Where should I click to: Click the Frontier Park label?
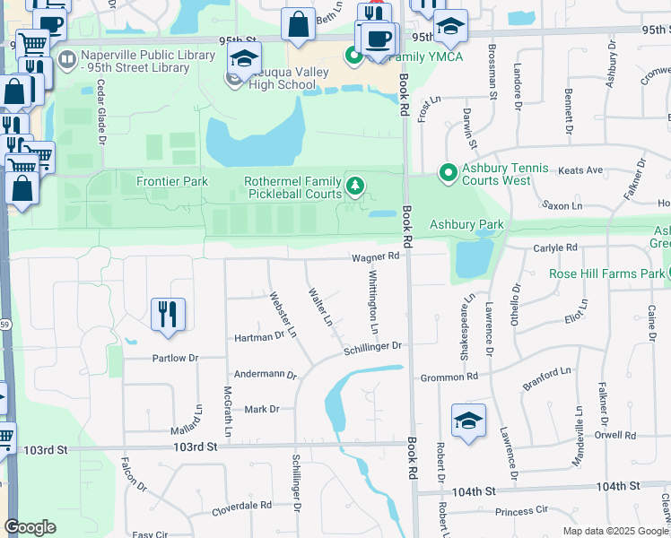[172, 181]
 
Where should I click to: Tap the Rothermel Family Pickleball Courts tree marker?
[356, 187]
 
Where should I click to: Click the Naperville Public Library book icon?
[66, 61]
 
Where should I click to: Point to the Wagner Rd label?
[375, 256]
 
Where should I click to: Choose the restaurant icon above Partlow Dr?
[168, 314]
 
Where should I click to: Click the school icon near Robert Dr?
[469, 421]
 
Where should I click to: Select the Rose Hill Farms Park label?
[606, 273]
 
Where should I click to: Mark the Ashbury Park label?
[466, 224]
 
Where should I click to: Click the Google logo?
[30, 527]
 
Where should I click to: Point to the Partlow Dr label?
[174, 358]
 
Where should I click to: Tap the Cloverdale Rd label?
[241, 506]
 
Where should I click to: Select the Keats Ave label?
[580, 169]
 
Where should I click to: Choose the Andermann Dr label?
[265, 375]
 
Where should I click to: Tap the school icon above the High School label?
[242, 59]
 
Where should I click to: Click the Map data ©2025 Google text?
[615, 531]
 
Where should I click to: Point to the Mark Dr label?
[262, 409]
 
